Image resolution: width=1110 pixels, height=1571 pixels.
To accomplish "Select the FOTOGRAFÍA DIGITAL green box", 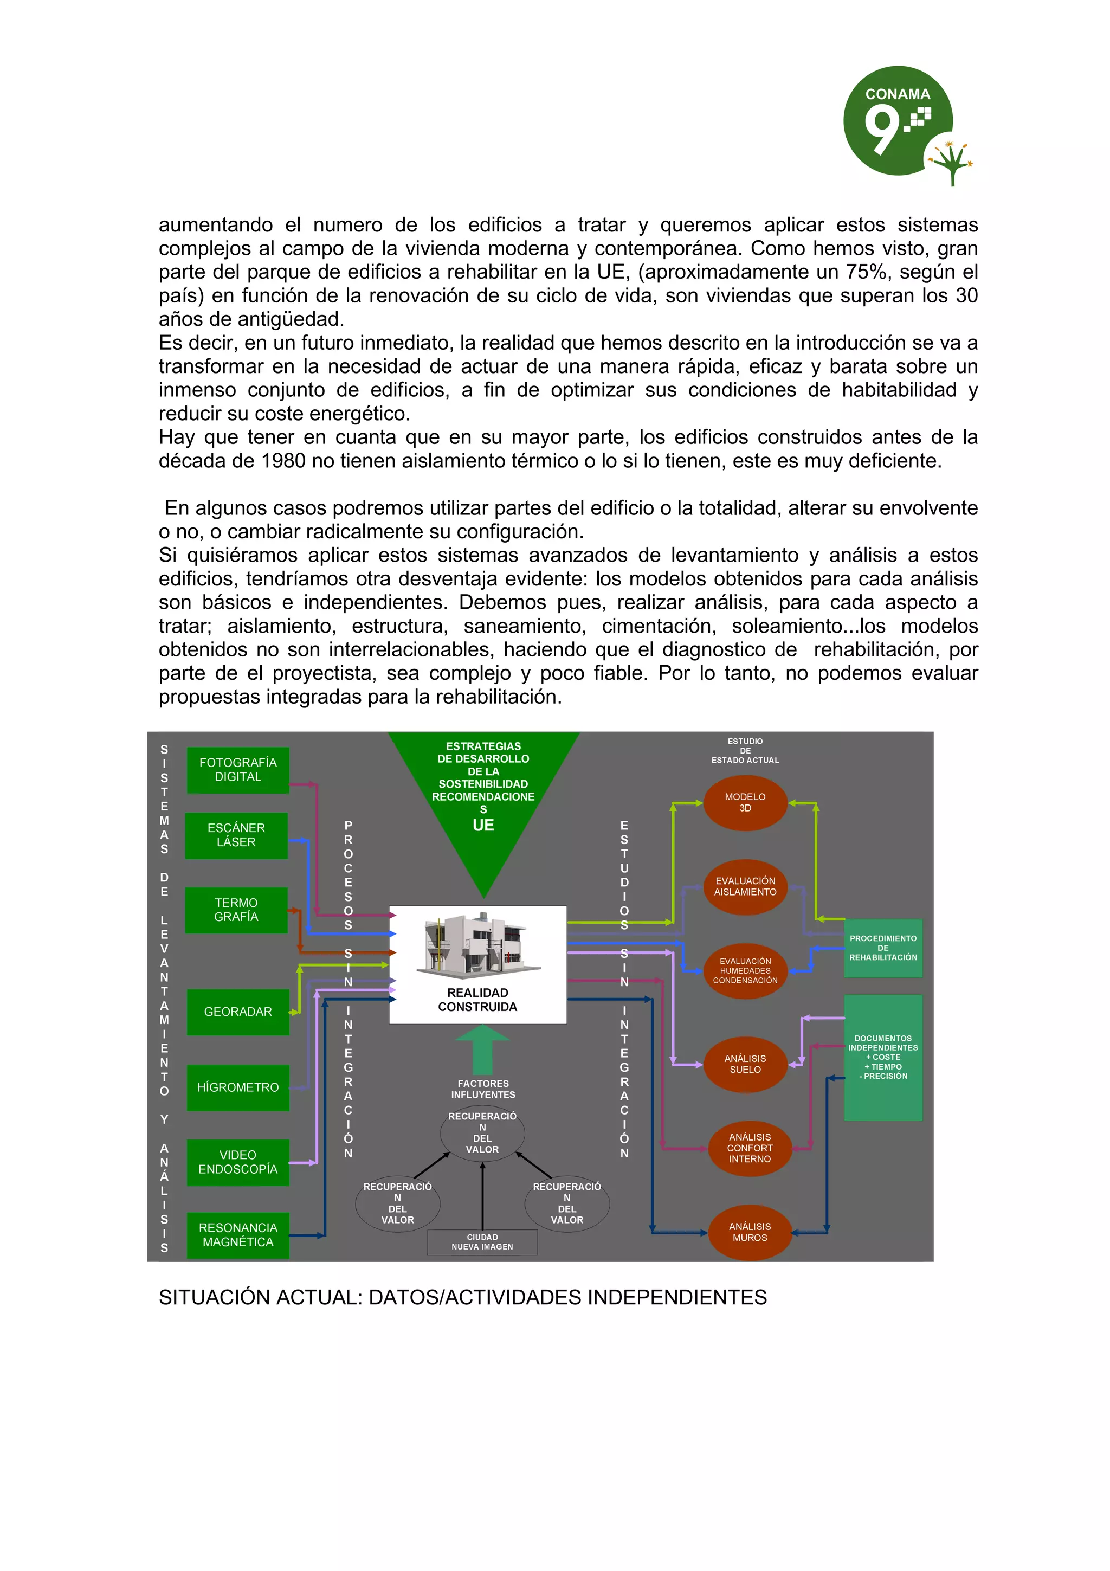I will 237,770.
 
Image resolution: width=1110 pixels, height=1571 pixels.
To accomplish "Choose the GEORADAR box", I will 237,1012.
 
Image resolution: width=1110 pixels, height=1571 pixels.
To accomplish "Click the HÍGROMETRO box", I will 237,1087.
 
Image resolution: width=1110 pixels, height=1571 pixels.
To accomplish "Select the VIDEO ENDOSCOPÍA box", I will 237,1162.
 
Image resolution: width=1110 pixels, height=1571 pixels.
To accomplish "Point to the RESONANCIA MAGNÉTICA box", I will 237,1235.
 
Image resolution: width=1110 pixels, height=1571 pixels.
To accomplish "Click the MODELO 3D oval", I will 745,803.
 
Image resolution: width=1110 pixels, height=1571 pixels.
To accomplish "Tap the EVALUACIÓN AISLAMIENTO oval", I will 745,887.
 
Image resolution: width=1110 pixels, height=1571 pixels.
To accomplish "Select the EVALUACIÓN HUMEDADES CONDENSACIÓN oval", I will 745,971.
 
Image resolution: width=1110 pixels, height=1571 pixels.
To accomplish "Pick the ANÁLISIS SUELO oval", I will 745,1064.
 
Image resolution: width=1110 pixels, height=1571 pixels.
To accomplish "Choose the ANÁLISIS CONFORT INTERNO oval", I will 750,1148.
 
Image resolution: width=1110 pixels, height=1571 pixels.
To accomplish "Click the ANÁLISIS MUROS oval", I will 750,1232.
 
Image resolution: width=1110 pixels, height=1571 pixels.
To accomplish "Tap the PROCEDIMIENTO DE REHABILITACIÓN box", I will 883,948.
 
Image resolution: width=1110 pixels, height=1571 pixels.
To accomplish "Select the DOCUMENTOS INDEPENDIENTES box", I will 883,1057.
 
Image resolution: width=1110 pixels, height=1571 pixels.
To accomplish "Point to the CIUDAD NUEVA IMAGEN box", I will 482,1242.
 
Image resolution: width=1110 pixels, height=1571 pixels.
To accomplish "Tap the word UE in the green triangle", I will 483,825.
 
